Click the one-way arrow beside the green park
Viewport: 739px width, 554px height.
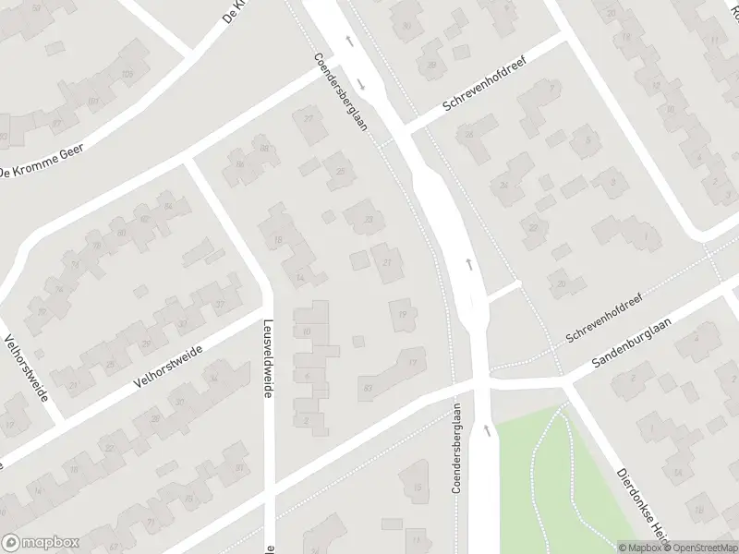tap(484, 429)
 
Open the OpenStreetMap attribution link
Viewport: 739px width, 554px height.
tap(699, 548)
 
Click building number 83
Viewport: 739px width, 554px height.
tap(369, 388)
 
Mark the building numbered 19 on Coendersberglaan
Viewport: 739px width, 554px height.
tap(402, 315)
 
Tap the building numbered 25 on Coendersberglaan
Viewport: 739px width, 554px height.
tap(341, 171)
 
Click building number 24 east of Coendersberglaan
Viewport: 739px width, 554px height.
tap(504, 185)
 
